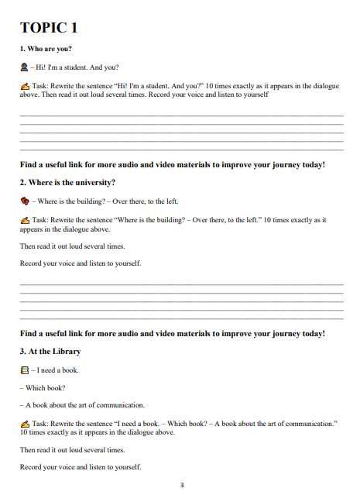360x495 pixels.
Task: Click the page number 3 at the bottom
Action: coord(181,486)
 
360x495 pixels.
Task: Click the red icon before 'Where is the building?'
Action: coord(25,201)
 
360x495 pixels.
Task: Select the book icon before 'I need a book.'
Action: coord(25,370)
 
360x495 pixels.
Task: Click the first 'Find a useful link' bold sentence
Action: coord(172,164)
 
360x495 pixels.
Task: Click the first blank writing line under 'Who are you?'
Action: coord(181,115)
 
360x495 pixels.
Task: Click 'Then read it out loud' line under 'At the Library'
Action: coord(72,449)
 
